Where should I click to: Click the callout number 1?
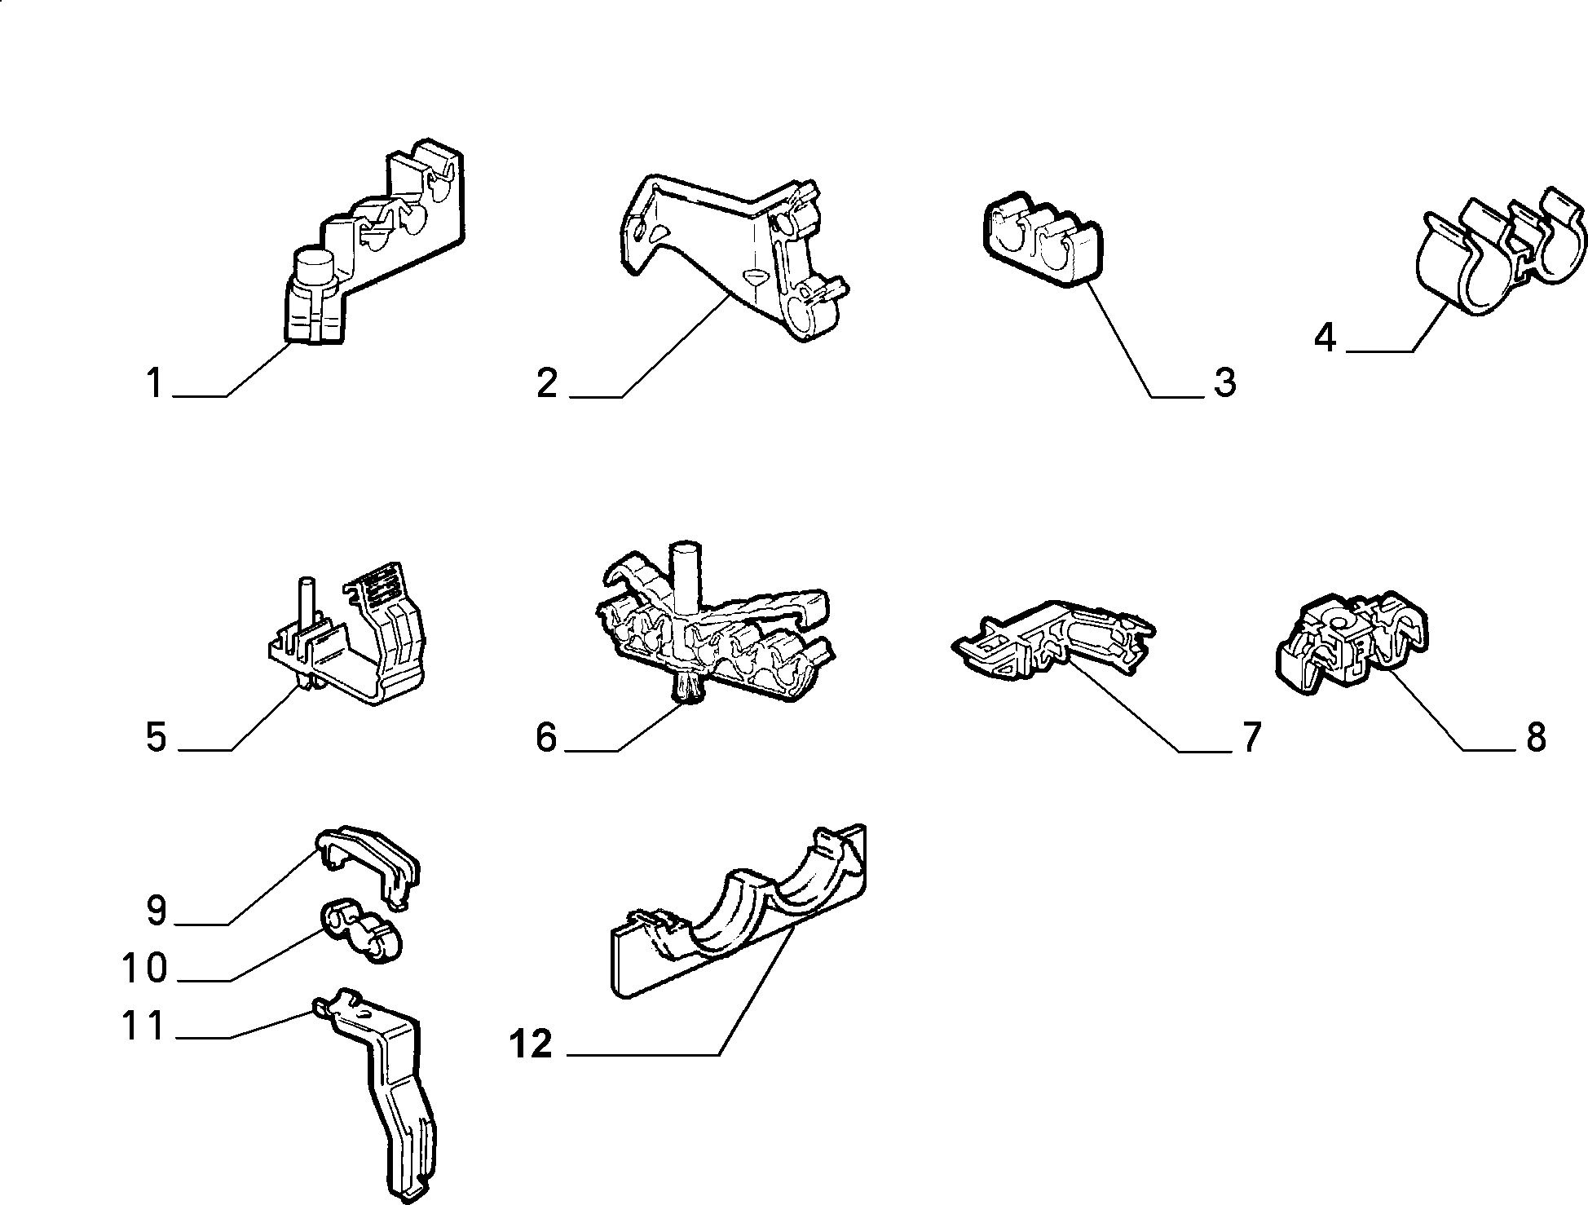pyautogui.click(x=155, y=383)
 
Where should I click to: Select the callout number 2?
pyautogui.click(x=548, y=383)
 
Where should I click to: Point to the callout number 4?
pyautogui.click(x=1326, y=338)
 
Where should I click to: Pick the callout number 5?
pyautogui.click(x=156, y=737)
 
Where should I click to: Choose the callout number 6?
pyautogui.click(x=546, y=737)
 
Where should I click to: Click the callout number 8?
pyautogui.click(x=1536, y=737)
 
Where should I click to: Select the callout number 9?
pyautogui.click(x=156, y=911)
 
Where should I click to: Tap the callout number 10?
pyautogui.click(x=144, y=969)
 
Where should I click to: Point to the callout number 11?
pyautogui.click(x=144, y=1026)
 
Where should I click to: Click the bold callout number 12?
pyautogui.click(x=531, y=1044)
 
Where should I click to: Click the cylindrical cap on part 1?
pyautogui.click(x=315, y=266)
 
